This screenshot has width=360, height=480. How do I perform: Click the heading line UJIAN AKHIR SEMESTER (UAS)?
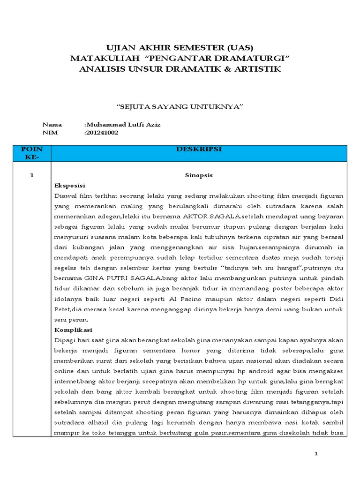pos(180,48)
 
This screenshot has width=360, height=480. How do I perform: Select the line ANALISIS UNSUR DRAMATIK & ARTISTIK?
pos(180,69)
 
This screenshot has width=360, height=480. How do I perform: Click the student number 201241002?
pos(102,133)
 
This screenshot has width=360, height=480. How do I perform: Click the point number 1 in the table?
pos(32,175)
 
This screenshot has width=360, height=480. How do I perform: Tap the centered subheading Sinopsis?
pos(198,175)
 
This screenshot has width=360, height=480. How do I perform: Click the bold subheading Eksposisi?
pos(69,185)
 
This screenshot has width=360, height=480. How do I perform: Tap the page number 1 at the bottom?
pos(316,454)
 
